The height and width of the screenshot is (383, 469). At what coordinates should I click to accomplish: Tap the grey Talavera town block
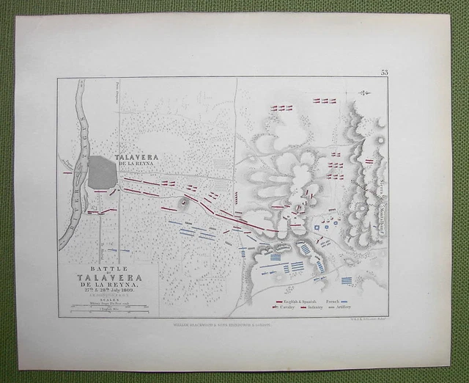point(101,172)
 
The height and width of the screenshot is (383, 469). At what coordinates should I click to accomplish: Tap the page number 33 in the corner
point(385,72)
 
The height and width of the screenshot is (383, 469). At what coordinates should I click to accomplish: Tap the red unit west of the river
point(67,173)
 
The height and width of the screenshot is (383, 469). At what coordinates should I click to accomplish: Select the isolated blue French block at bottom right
point(347,280)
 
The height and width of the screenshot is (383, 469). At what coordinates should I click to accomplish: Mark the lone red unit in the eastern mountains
point(369,161)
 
